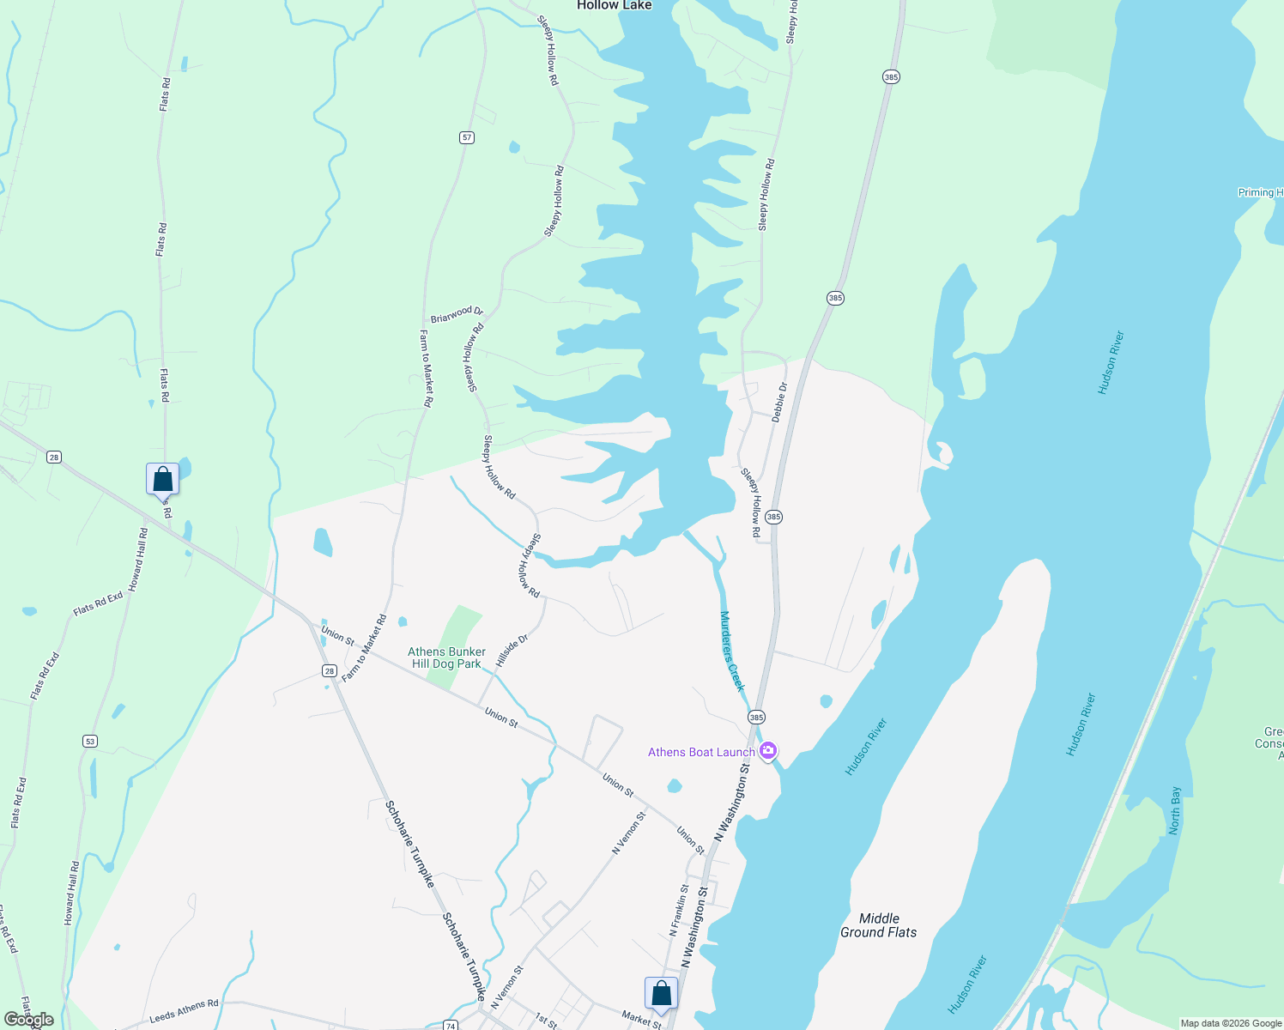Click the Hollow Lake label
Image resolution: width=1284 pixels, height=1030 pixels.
point(614,5)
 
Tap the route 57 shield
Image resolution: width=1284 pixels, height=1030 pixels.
point(467,137)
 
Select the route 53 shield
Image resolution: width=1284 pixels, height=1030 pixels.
point(90,741)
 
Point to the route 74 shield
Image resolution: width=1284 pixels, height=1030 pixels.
point(451,1025)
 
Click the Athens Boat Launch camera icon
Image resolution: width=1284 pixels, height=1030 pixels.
point(768,751)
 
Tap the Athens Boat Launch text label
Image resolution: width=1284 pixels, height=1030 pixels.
point(701,752)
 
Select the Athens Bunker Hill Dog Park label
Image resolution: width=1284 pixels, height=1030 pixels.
point(446,657)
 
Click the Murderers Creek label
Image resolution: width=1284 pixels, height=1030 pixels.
point(732,651)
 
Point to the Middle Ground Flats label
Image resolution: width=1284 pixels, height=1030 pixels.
point(878,925)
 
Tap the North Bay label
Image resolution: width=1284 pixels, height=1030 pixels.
point(1175,809)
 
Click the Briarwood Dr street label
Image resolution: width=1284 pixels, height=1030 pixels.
point(457,314)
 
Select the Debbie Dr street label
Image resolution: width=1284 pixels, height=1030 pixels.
point(779,402)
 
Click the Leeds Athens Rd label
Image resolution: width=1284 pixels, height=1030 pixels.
point(184,1011)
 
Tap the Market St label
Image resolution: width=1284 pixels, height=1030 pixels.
point(642,1019)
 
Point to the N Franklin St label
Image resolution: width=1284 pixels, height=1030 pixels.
point(678,910)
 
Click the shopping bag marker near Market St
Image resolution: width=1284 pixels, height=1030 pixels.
point(662,994)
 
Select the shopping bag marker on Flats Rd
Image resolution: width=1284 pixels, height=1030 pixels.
point(162,480)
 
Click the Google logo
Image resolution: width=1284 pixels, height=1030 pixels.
point(28,1020)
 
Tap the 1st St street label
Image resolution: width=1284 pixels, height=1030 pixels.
point(546,1021)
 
